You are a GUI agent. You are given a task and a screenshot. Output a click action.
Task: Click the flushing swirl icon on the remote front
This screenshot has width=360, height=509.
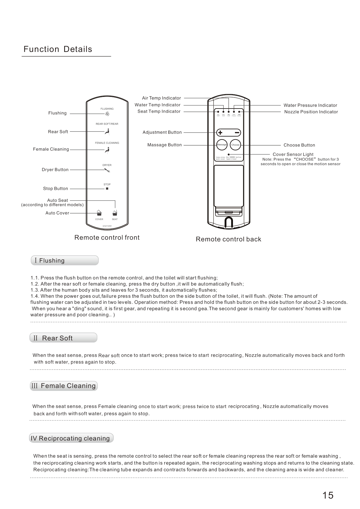coord(107,113)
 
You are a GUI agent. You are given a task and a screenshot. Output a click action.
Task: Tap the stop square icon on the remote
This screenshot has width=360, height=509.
coord(107,189)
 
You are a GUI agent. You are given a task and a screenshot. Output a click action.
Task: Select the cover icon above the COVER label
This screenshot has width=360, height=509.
coord(99,213)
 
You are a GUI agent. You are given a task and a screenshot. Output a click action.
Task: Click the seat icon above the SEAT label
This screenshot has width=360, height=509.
coord(115,213)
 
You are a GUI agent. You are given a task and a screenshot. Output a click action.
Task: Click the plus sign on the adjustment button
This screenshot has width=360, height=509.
coord(220,133)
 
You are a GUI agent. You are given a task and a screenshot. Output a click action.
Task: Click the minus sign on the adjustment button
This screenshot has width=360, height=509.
coord(237,133)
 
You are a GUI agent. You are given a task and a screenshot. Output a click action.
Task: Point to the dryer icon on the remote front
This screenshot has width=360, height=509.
coord(107,170)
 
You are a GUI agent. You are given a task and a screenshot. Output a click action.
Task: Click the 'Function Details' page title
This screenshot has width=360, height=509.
coord(58,49)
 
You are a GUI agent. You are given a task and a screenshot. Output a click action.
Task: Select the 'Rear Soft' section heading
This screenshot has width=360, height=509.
coord(63,338)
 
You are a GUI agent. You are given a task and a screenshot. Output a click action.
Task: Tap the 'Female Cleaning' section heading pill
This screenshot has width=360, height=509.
coord(64,386)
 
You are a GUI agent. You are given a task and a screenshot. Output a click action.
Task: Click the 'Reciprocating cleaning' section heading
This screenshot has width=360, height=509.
coord(71,438)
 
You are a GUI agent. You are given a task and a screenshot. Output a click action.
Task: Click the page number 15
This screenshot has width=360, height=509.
coord(328,495)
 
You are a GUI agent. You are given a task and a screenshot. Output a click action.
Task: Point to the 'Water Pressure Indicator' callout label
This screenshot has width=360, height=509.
coord(310,105)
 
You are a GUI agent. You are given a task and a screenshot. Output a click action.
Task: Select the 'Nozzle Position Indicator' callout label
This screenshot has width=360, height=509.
coord(311,112)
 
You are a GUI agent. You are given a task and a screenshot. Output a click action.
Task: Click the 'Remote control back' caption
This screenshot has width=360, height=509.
coord(228,239)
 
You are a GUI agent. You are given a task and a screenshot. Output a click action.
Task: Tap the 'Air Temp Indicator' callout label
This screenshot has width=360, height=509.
coord(161,98)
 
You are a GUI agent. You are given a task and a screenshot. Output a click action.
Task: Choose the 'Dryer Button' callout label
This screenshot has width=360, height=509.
coord(55,170)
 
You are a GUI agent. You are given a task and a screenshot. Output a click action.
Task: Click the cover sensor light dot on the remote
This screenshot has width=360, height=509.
coord(229,154)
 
